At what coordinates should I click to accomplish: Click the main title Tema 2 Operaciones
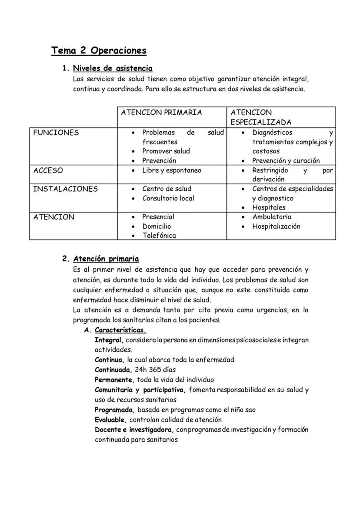pos(99,50)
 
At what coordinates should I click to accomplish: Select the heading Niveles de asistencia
pos(113,68)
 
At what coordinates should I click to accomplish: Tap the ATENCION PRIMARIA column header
pos(161,112)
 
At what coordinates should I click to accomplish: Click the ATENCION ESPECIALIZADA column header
pos(261,117)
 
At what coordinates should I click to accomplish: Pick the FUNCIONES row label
pos(56,133)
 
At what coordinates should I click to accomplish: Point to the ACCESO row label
pos(48,170)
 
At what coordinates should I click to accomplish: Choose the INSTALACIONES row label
pos(66,189)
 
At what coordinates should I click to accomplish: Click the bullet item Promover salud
pos(166,151)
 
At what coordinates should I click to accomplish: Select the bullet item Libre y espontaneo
pos(172,170)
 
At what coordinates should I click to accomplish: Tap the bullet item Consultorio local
pos(168,198)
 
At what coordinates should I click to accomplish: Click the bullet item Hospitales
pos(269,207)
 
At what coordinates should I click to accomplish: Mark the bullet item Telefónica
pos(159,236)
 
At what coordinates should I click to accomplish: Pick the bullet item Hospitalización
pos(276,226)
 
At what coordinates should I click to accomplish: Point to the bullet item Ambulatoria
pos(272,216)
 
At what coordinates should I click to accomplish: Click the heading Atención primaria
pos(106,259)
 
